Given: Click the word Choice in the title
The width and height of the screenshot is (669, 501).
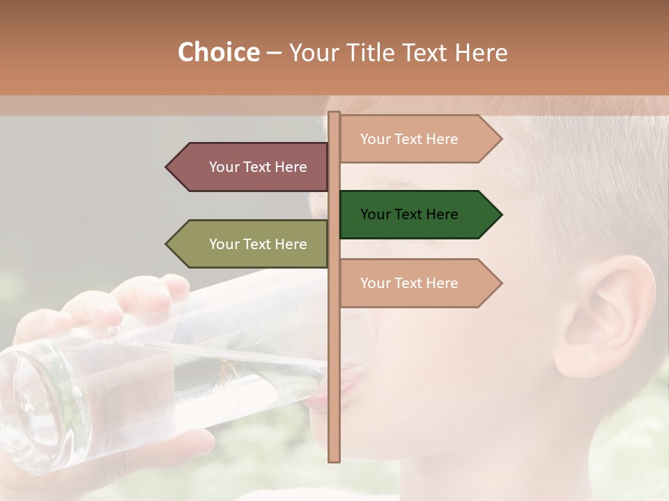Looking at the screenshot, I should tap(218, 52).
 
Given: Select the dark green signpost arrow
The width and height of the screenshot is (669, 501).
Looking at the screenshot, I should tap(418, 214).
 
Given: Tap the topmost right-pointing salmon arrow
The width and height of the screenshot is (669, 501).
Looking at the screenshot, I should tap(418, 139).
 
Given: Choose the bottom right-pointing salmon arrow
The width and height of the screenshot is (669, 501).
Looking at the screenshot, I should tap(418, 283).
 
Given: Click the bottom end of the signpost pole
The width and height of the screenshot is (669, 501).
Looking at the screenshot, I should tap(334, 459).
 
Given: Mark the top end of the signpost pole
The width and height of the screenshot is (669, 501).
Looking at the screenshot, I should tap(334, 114).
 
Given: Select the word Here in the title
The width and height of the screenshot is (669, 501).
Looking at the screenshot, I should tap(481, 52).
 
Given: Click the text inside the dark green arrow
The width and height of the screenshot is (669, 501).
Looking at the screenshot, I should tap(409, 214).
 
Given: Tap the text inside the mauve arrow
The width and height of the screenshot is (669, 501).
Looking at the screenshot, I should tap(258, 167).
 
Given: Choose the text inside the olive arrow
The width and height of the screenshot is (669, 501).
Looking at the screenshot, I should tap(258, 244).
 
